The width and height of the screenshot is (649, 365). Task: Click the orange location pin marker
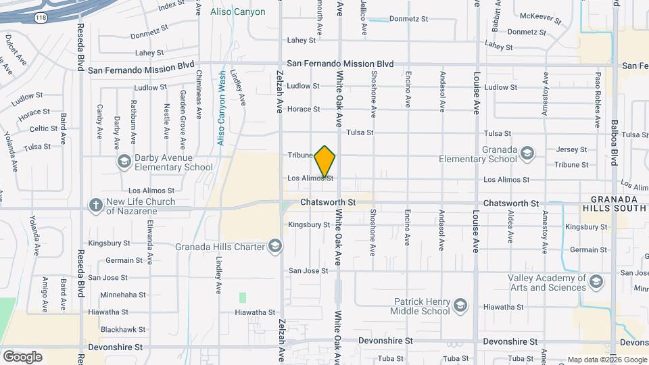[x=325, y=161]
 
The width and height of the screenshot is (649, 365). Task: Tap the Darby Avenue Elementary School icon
[x=124, y=162]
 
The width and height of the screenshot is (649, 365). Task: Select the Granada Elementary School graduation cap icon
[x=527, y=155]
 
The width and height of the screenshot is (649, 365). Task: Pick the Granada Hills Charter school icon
[x=274, y=246]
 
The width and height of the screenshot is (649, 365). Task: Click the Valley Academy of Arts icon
[x=596, y=281]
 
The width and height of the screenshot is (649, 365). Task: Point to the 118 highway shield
[x=41, y=18]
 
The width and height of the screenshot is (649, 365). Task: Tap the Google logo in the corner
[x=22, y=356]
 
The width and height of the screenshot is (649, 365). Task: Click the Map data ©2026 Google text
[x=607, y=360]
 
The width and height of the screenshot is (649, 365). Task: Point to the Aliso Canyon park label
[x=237, y=12]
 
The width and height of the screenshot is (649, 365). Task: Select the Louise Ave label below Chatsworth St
[x=476, y=230]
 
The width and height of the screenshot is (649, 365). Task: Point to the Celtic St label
[x=43, y=128]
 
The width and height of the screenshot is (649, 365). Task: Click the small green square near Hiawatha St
[x=243, y=297]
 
